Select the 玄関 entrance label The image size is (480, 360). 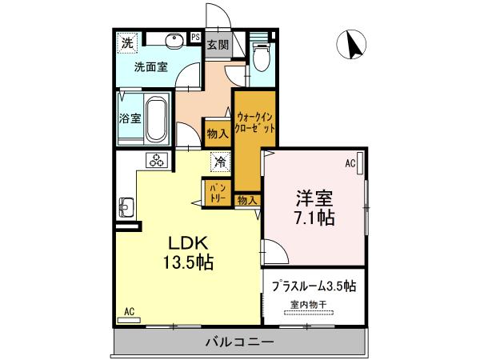tap(217, 45)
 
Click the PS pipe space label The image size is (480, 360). tap(195, 35)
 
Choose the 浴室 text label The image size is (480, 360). tap(130, 118)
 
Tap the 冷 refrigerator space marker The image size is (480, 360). tap(220, 162)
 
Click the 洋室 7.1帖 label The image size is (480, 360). tap(314, 206)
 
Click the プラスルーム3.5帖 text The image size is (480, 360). tap(313, 286)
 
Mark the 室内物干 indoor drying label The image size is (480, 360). tap(308, 305)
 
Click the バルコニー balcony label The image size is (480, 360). tap(239, 342)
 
